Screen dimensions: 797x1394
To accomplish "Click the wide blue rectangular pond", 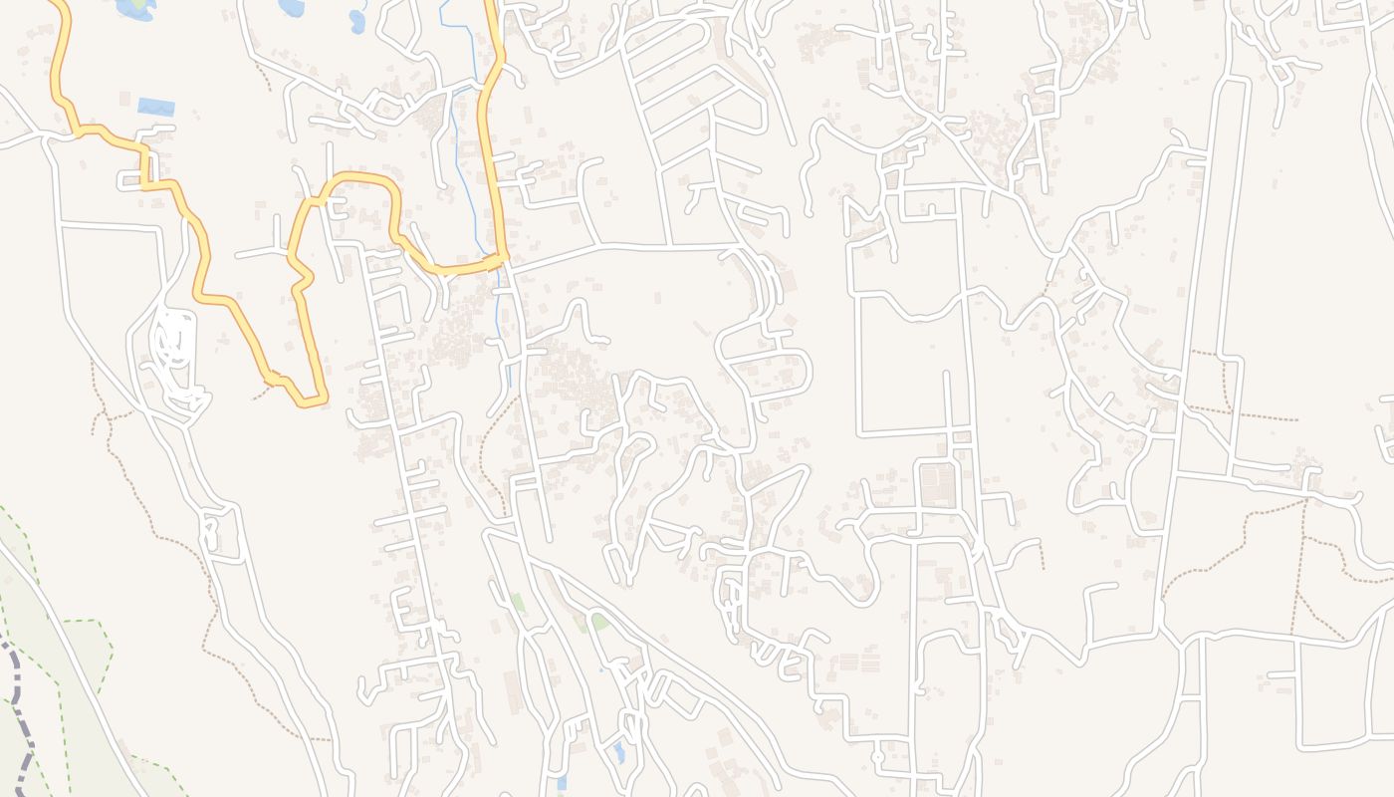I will click(155, 107).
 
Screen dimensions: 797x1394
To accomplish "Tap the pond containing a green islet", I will click(136, 8).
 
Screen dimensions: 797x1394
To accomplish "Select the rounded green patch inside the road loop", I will click(599, 622).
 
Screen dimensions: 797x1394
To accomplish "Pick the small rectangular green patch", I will click(518, 603).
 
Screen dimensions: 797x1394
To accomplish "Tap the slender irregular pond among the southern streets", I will click(619, 752).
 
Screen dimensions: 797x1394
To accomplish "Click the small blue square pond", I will click(562, 783).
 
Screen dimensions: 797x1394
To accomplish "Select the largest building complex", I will click(937, 485).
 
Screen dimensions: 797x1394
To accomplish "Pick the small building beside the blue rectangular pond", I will click(125, 100).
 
